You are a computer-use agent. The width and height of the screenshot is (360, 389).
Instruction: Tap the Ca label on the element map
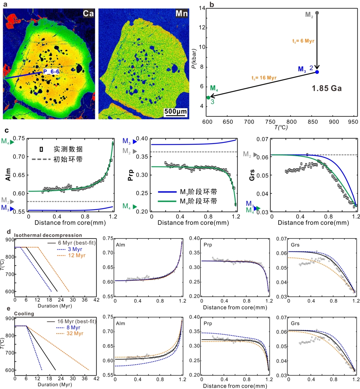click(88, 14)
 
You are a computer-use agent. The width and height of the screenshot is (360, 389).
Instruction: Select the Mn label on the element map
click(180, 14)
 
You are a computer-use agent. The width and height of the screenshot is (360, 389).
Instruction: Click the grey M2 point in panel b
click(317, 13)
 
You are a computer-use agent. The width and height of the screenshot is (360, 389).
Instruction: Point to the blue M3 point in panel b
click(317, 72)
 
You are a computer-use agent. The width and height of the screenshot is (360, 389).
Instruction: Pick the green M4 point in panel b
click(208, 98)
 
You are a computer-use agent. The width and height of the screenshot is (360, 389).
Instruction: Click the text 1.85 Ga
click(327, 88)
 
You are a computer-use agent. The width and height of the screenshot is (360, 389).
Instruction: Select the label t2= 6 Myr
click(304, 40)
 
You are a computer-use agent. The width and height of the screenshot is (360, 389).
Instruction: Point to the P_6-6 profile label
click(52, 71)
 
